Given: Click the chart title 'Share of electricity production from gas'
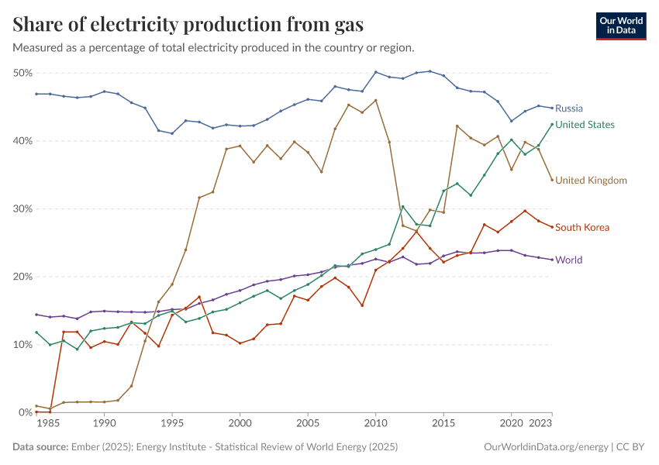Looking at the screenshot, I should pyautogui.click(x=188, y=25).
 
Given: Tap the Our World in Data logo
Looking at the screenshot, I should pyautogui.click(x=621, y=25).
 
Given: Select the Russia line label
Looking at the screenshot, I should pyautogui.click(x=569, y=108).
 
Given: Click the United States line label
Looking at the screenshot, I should pyautogui.click(x=585, y=125).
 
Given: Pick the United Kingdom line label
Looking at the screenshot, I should pyautogui.click(x=591, y=181).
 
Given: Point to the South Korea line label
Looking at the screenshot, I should pyautogui.click(x=582, y=228).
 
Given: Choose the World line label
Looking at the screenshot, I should pyautogui.click(x=568, y=260).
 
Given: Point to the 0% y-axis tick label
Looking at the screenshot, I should pyautogui.click(x=24, y=413).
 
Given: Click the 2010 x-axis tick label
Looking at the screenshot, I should pyautogui.click(x=375, y=425).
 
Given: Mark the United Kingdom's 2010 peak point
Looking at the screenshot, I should pyautogui.click(x=376, y=100).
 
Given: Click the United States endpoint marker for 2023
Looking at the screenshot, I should pyautogui.click(x=552, y=124).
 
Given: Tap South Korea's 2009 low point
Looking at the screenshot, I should pyautogui.click(x=362, y=305).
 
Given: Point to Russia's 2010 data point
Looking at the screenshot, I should pyautogui.click(x=376, y=72).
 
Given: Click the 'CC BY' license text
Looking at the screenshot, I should pyautogui.click(x=631, y=447).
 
